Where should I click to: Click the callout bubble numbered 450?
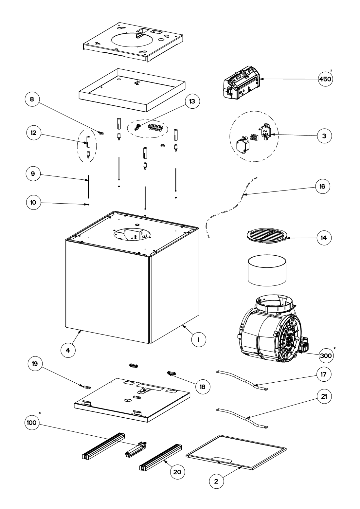[326, 79]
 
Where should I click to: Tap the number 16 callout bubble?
[322, 187]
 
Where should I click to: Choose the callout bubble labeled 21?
[324, 396]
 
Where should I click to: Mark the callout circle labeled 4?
[68, 350]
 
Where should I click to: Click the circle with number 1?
[198, 339]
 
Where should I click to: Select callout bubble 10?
[33, 202]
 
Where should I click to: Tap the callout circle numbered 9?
[33, 174]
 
